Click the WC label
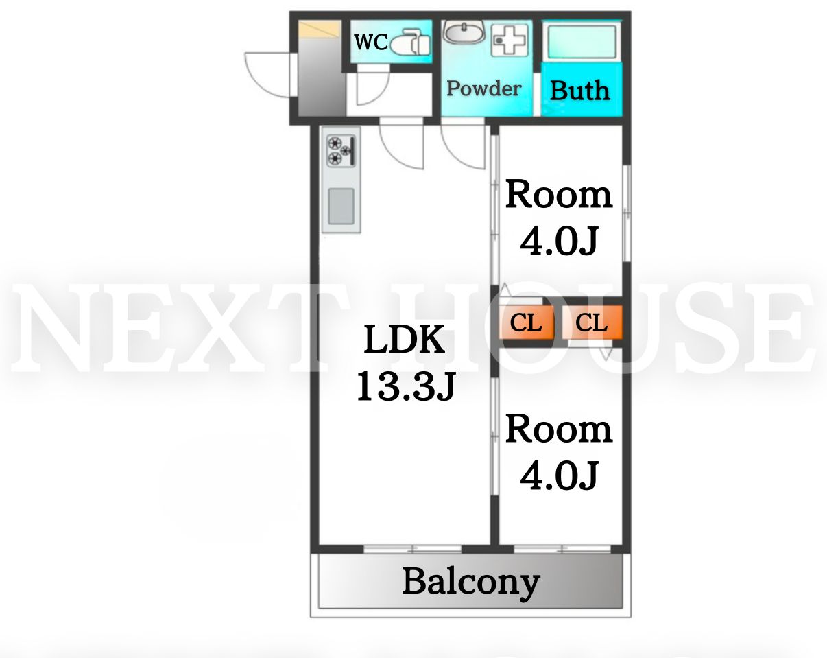[370, 42]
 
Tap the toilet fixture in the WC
[410, 42]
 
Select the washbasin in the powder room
[464, 32]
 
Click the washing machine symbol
[510, 40]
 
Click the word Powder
[484, 89]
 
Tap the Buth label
[580, 91]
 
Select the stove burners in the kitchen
[341, 151]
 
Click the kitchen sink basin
[341, 206]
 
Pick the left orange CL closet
[526, 322]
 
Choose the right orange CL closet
[592, 322]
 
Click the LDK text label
[405, 339]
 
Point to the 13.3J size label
[406, 386]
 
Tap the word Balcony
[471, 583]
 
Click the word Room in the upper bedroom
[559, 195]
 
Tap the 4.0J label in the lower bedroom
[559, 475]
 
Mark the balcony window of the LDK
[413, 549]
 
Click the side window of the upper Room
[626, 214]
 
